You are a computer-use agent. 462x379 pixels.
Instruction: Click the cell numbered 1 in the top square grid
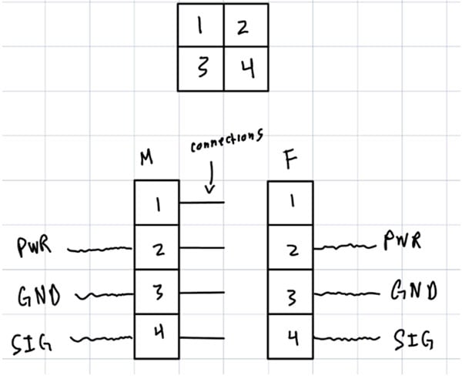(201, 25)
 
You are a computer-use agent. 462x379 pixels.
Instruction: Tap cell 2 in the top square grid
(246, 25)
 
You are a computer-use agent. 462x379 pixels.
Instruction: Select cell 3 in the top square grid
(201, 69)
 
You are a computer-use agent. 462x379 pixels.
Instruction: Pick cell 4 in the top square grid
(246, 69)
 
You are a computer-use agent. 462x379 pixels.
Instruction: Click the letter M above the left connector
(146, 157)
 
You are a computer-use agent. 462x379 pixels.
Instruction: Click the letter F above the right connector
(291, 159)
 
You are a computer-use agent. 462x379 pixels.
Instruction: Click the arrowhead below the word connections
(209, 189)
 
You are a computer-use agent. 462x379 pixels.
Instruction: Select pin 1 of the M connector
(157, 203)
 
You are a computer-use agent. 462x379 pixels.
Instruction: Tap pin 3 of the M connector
(157, 292)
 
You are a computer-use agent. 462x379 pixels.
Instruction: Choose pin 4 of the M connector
(157, 337)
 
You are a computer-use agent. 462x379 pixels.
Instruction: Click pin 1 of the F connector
(290, 203)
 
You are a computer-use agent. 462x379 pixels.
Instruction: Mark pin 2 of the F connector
(290, 247)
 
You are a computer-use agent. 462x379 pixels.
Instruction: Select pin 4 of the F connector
(290, 337)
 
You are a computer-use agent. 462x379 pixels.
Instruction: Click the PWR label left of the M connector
(34, 247)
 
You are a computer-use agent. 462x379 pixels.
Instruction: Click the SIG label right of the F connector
(413, 340)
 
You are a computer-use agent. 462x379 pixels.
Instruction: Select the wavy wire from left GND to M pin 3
(105, 295)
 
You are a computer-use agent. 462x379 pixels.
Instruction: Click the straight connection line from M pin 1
(202, 203)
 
